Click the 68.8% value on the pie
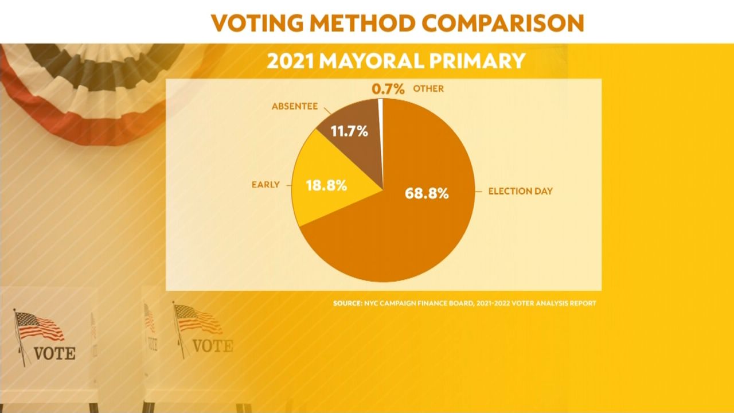point(427,193)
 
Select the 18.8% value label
point(326,185)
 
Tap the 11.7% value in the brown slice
point(349,131)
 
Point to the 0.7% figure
point(388,89)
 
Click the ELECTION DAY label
point(520,191)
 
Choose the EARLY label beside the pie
point(266,185)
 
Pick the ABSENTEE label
point(295,106)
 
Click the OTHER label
point(428,88)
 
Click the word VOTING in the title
point(257,23)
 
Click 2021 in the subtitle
point(290,61)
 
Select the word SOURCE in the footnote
point(347,303)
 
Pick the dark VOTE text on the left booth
point(54,353)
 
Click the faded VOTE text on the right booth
point(213,346)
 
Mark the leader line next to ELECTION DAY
point(479,192)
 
